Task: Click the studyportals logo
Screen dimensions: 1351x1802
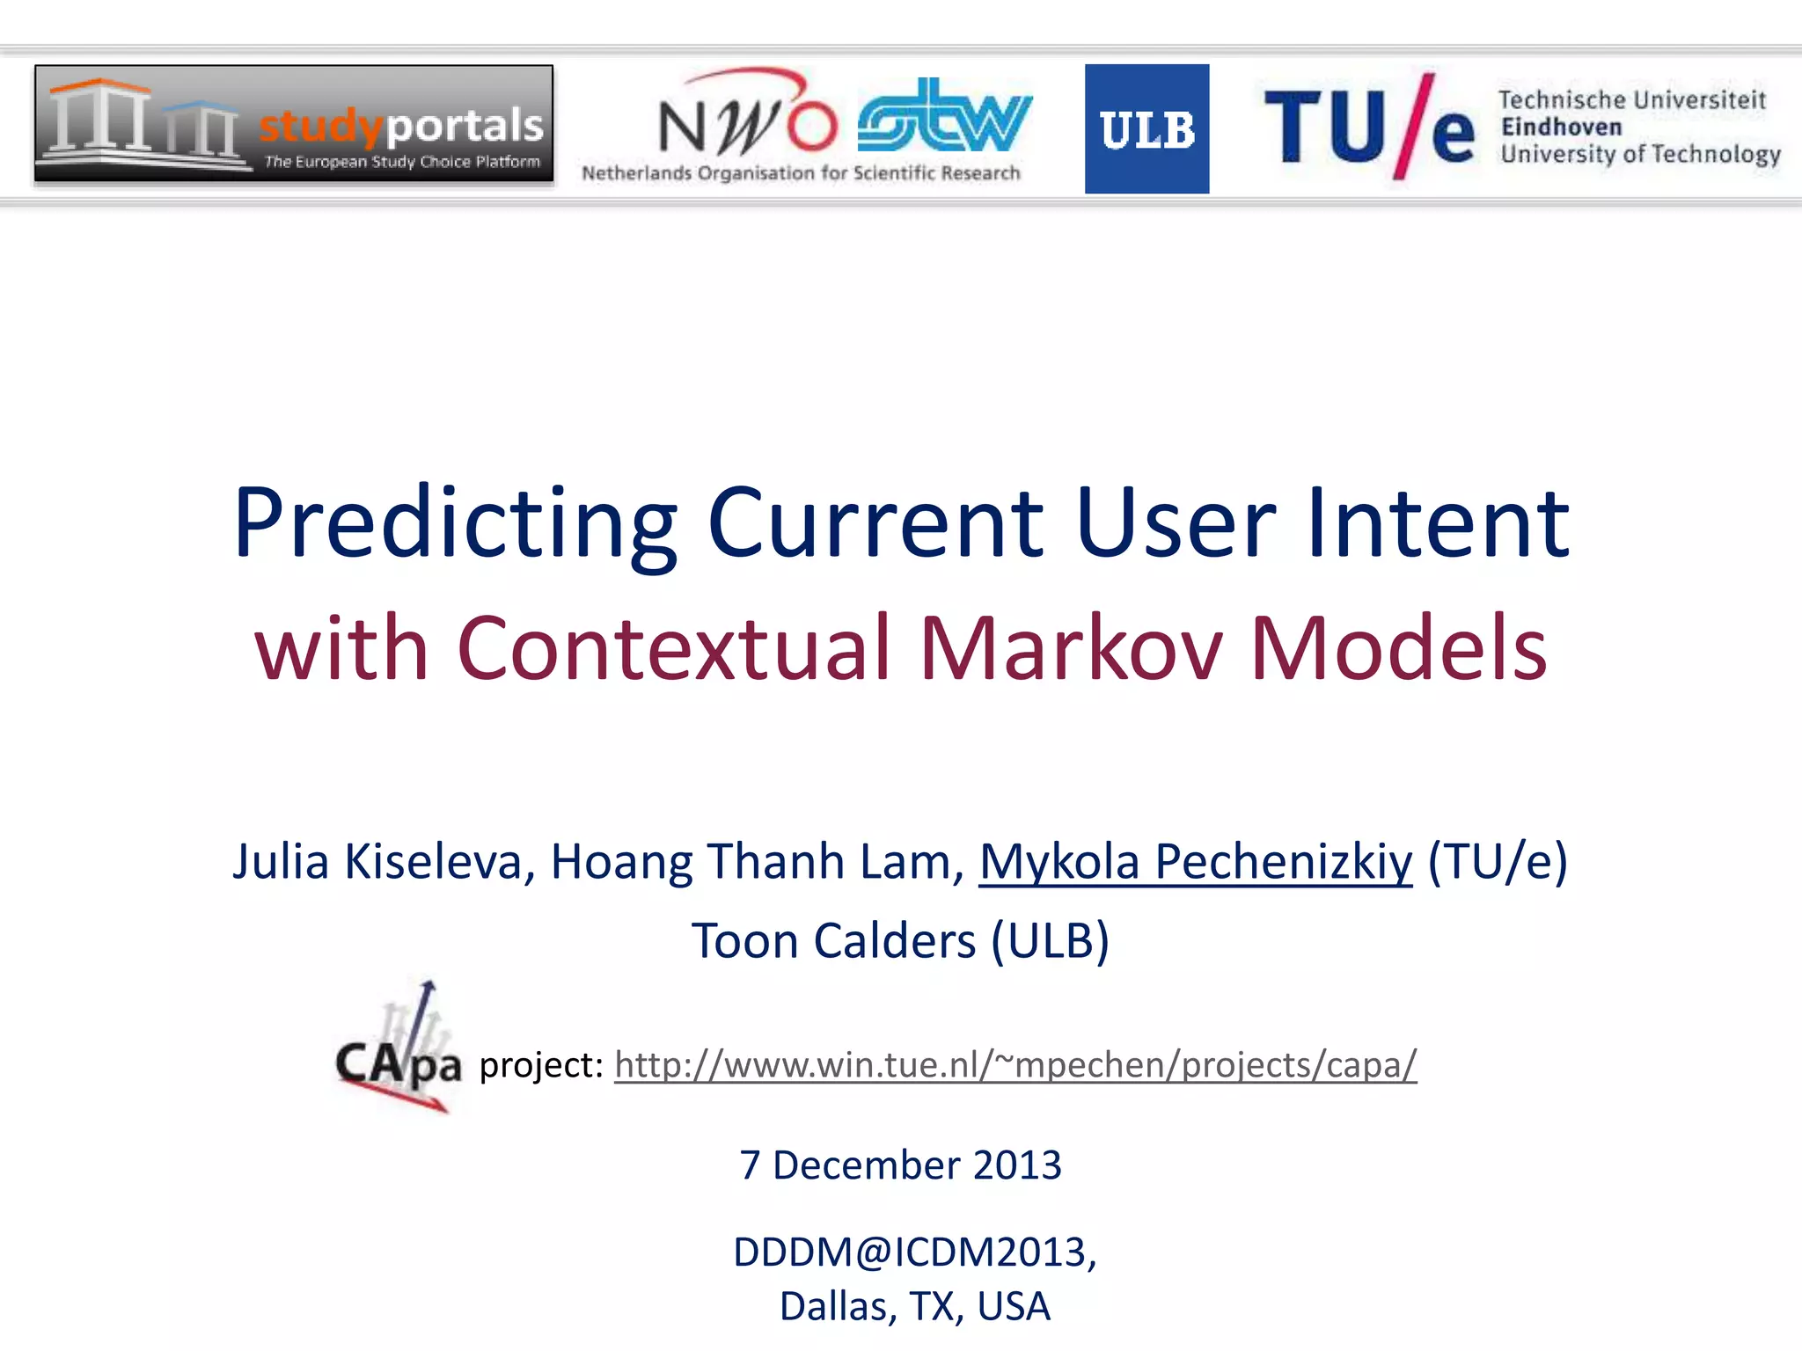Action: click(294, 124)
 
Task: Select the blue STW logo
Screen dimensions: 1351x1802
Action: click(944, 117)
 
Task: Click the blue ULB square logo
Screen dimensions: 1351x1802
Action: click(1146, 128)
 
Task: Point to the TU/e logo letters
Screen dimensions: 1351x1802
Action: click(1368, 128)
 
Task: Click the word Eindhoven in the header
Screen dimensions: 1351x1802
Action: click(1561, 128)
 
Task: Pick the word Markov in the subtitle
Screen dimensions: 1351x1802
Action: click(1071, 648)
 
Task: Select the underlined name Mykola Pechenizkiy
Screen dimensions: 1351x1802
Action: click(1196, 861)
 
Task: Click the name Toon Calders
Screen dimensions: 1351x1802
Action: click(833, 940)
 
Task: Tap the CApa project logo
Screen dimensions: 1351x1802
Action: click(399, 1050)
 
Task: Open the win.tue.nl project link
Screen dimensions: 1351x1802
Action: click(1015, 1065)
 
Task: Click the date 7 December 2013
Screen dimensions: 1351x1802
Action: click(900, 1165)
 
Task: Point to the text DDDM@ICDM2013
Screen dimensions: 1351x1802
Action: click(912, 1252)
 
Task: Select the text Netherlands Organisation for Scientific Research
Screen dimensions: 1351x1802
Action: click(801, 173)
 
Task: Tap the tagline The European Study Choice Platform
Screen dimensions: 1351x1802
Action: click(402, 162)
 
